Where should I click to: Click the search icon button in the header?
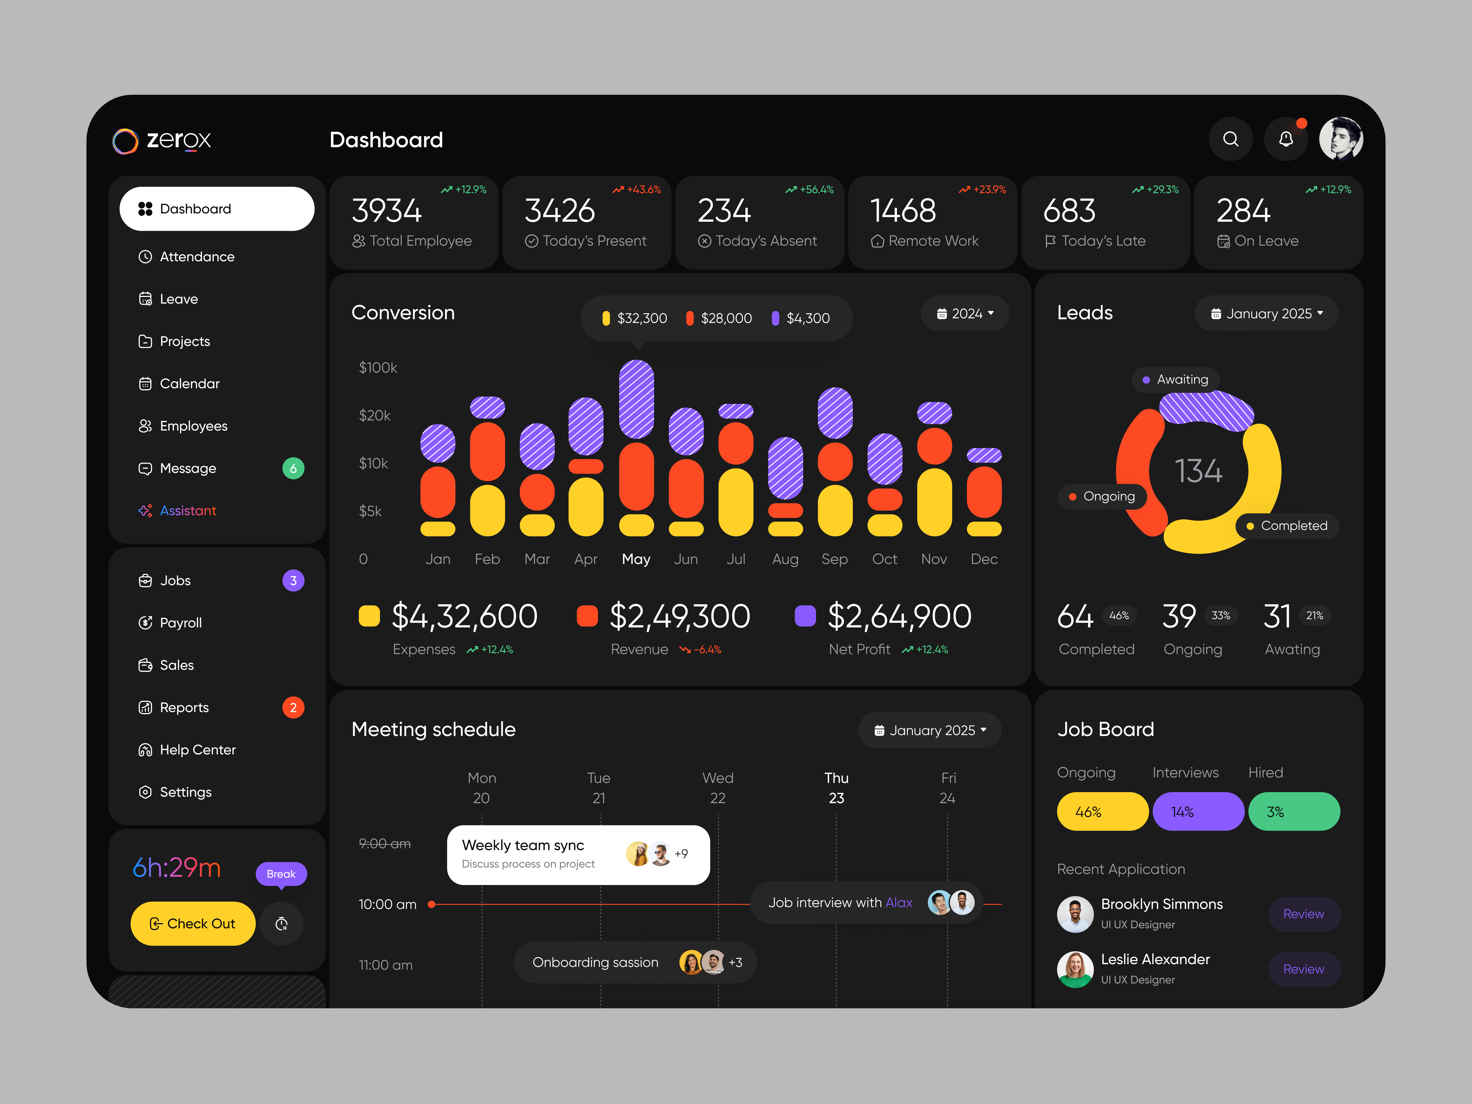[1230, 139]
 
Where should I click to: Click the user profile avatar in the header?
[1341, 139]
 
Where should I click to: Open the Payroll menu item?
[180, 623]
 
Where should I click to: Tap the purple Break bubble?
[281, 874]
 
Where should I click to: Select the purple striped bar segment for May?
[636, 399]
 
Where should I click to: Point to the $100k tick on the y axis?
[377, 367]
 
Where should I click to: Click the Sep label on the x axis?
[834, 559]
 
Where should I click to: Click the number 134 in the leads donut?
[1198, 471]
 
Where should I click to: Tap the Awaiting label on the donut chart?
[1182, 379]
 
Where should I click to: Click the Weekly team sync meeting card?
[578, 854]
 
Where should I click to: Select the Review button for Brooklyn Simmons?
[1303, 914]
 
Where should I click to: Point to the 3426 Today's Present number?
[560, 211]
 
